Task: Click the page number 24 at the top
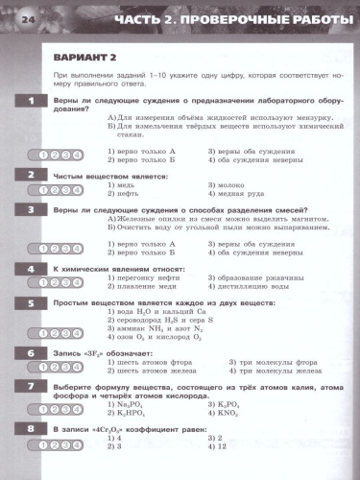coord(25,19)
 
